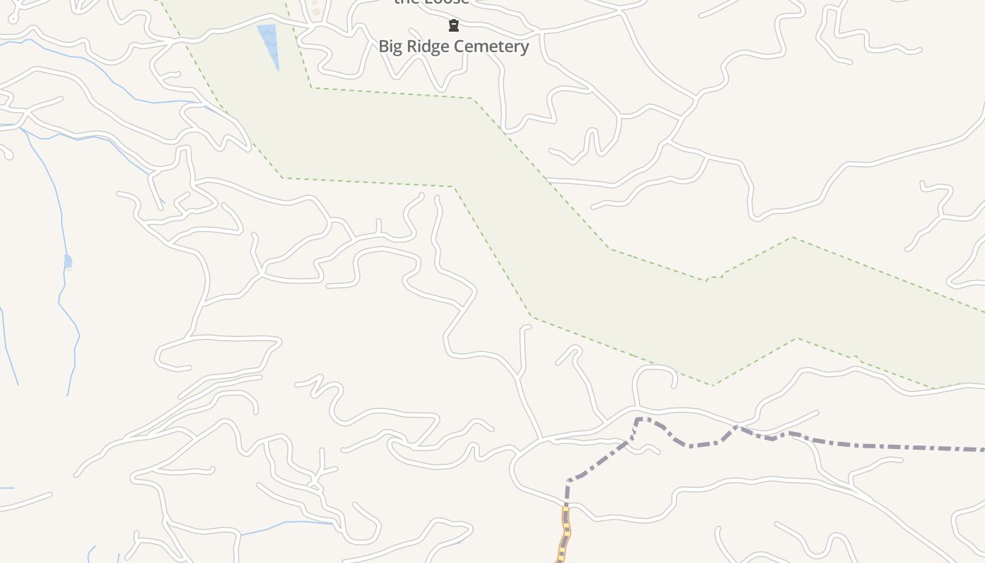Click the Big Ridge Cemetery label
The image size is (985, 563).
coord(454,46)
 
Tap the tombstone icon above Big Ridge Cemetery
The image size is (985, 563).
coord(454,26)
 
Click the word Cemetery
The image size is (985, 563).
coord(495,46)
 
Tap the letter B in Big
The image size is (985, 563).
coord(384,46)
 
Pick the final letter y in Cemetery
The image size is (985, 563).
coord(524,48)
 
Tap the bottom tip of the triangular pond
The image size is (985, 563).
coord(278,69)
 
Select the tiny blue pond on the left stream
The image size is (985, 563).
coord(68,262)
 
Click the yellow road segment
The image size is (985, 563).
coord(564,535)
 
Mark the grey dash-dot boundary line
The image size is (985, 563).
coord(879,445)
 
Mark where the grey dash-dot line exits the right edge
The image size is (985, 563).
coord(982,449)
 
